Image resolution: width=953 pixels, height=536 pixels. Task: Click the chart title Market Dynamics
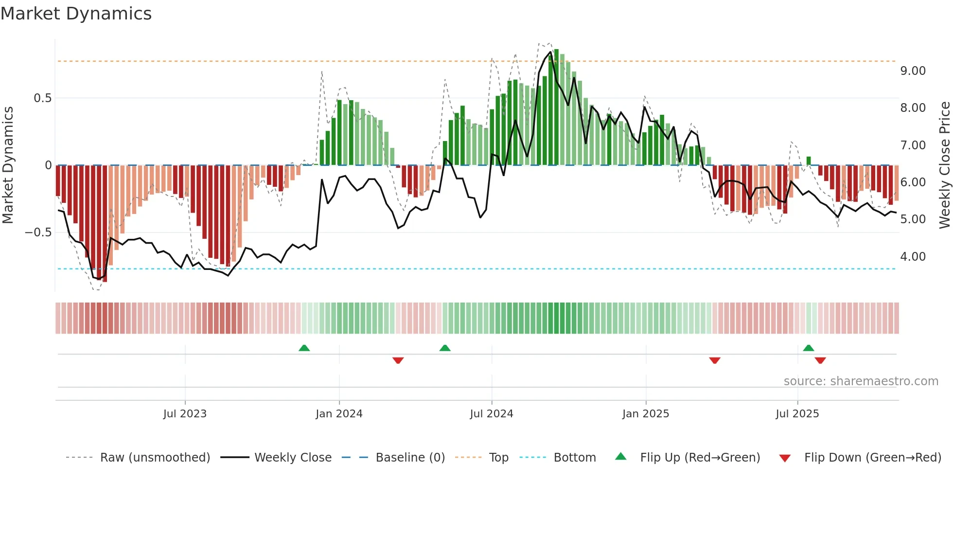click(x=76, y=14)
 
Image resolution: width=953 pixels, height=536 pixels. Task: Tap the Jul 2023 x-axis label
click(x=185, y=414)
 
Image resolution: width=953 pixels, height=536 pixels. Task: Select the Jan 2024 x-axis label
click(x=339, y=414)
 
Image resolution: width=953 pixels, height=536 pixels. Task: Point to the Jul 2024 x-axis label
click(x=492, y=414)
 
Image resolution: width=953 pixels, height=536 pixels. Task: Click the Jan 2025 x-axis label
click(x=646, y=414)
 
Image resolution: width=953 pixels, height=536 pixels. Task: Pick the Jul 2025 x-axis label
click(x=797, y=414)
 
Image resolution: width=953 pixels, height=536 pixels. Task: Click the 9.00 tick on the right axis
click(x=913, y=71)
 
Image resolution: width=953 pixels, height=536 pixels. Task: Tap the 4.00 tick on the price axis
click(x=913, y=257)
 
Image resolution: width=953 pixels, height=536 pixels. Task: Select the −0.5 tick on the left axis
click(x=38, y=232)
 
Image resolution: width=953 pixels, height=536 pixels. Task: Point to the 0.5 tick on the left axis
click(x=42, y=98)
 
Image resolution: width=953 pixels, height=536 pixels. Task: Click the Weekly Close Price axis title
click(x=944, y=165)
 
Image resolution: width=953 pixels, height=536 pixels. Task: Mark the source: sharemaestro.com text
click(x=861, y=381)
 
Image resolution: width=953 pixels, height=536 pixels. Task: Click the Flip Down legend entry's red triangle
click(x=785, y=458)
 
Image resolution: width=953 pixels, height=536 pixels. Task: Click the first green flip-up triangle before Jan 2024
click(x=304, y=348)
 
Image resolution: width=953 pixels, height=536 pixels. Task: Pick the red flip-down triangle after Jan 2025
click(x=714, y=360)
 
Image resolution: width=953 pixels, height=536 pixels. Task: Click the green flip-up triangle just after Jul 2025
click(x=808, y=348)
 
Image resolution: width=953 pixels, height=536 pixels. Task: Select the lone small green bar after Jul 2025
click(x=808, y=161)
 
